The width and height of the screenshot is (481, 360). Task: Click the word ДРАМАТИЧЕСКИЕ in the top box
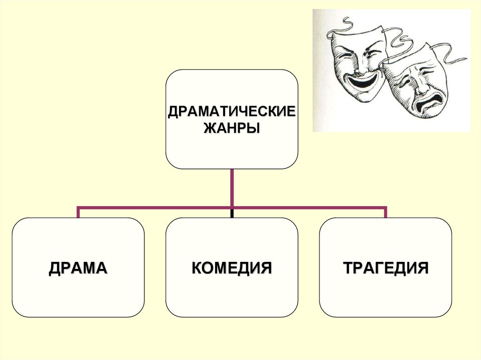tap(232, 112)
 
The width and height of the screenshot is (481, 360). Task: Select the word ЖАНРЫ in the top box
tap(232, 128)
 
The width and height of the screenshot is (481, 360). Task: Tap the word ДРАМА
tap(78, 268)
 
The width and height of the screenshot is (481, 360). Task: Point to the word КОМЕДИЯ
tap(232, 268)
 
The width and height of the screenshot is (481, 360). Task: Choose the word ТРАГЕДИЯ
tap(386, 268)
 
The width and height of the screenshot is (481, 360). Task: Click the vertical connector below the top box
tap(232, 188)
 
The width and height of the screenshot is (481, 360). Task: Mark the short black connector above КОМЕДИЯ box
tap(232, 214)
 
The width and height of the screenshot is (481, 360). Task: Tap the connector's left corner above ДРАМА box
tap(78, 207)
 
